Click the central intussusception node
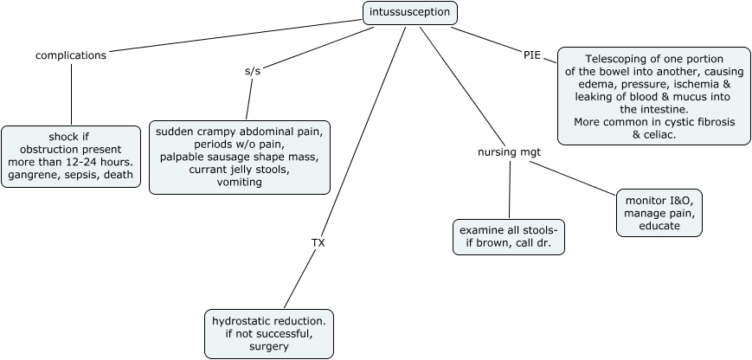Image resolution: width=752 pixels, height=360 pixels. (408, 13)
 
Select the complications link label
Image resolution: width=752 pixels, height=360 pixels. (71, 55)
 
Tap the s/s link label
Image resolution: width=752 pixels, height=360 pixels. (253, 71)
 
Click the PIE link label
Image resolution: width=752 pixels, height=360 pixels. (532, 55)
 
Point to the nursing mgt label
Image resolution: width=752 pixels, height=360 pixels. (510, 152)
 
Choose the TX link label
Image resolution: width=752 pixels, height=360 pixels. (318, 242)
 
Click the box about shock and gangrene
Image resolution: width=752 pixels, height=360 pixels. (71, 157)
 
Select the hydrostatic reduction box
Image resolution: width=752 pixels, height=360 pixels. (268, 333)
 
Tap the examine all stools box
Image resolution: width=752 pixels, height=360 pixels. (509, 237)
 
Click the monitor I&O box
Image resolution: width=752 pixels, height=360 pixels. (659, 213)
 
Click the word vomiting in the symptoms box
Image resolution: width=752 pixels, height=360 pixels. (240, 183)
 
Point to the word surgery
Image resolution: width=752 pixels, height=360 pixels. (268, 346)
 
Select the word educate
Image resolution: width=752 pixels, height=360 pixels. (659, 226)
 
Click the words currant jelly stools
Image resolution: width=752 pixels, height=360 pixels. (240, 170)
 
